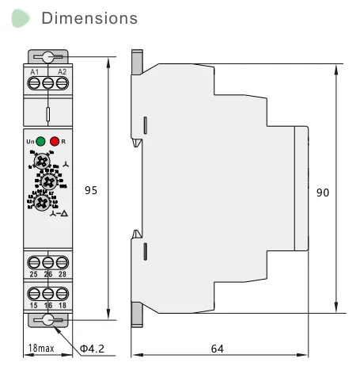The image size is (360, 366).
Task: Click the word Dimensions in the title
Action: tap(89, 17)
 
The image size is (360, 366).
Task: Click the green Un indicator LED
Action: tap(41, 141)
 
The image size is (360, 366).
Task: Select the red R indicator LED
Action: tap(55, 141)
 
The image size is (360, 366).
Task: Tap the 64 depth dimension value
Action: tap(238, 347)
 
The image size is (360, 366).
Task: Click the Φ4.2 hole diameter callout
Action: tap(93, 348)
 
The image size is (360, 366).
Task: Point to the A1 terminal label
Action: tap(34, 72)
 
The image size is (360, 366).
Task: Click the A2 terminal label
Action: tap(62, 72)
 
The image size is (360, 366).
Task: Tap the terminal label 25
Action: tap(34, 274)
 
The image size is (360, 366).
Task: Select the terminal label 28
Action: tap(62, 274)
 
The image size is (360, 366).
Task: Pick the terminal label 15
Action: tap(34, 304)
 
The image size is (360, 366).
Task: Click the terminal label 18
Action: tap(62, 304)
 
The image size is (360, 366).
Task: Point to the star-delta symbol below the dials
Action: tap(58, 215)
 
